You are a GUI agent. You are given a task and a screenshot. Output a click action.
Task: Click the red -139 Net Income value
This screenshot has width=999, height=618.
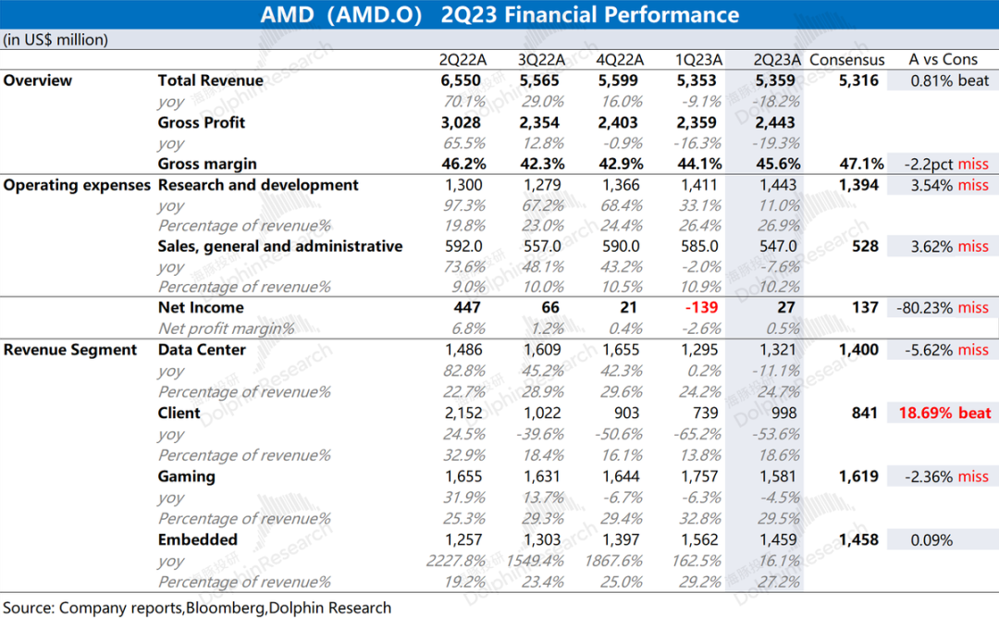click(x=701, y=308)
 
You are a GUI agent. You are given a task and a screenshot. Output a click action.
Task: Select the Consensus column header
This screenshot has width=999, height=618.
click(x=846, y=60)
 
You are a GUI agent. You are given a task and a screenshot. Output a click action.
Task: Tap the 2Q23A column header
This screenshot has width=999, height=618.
click(x=777, y=60)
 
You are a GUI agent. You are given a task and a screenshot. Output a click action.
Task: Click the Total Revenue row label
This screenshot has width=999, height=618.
click(x=210, y=80)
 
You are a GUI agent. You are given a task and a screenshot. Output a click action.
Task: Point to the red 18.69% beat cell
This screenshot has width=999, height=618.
click(x=944, y=413)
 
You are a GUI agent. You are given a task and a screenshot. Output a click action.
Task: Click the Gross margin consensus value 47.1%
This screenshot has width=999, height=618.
click(x=861, y=164)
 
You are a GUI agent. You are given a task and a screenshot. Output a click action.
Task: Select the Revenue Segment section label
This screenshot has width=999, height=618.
click(x=70, y=350)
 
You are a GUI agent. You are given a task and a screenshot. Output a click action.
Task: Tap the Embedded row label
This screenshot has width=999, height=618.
click(x=198, y=539)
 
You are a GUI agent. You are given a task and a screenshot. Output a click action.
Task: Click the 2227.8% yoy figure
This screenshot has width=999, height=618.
click(x=455, y=562)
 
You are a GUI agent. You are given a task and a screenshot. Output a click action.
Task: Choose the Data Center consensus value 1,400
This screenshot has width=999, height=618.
click(x=858, y=350)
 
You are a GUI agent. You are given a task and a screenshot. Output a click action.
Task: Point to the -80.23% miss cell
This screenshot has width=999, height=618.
click(x=943, y=308)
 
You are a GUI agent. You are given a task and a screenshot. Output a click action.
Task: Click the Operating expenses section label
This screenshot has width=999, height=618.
click(x=77, y=185)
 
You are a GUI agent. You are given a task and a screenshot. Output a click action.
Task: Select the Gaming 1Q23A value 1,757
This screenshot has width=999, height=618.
click(x=699, y=476)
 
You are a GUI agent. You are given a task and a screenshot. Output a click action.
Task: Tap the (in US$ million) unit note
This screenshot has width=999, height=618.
click(x=55, y=40)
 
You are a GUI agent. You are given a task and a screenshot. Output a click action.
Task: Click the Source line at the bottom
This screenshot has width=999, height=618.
click(x=197, y=608)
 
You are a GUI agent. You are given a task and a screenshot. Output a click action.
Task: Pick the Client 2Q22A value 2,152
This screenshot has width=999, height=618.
click(x=463, y=413)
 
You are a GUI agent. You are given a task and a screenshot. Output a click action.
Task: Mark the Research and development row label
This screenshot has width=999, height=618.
click(x=258, y=185)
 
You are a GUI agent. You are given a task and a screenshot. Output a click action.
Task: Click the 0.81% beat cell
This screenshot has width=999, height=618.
click(x=949, y=80)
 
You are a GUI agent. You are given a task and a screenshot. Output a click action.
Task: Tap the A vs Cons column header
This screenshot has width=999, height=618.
click(x=943, y=60)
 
